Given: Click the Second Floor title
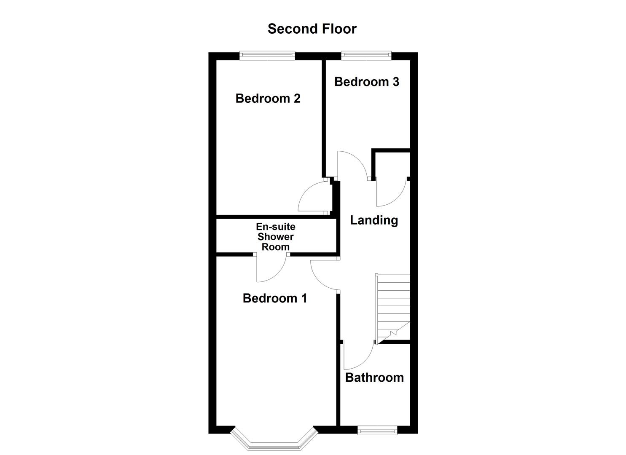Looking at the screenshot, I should click(x=312, y=29).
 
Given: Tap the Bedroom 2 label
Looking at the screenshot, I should click(x=268, y=98).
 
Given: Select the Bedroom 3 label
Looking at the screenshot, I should click(x=366, y=81).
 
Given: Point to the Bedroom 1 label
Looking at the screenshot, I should click(x=274, y=298).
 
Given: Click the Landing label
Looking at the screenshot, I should click(x=374, y=220).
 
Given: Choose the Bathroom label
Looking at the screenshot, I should click(x=374, y=377).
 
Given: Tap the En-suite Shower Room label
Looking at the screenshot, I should click(x=276, y=237).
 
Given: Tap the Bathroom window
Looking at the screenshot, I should click(x=377, y=430).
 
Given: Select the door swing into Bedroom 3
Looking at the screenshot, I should click(x=352, y=164).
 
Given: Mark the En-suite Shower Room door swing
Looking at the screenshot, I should click(x=271, y=269).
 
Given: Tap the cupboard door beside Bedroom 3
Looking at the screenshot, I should click(x=391, y=193).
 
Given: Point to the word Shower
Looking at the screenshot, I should click(x=276, y=237).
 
